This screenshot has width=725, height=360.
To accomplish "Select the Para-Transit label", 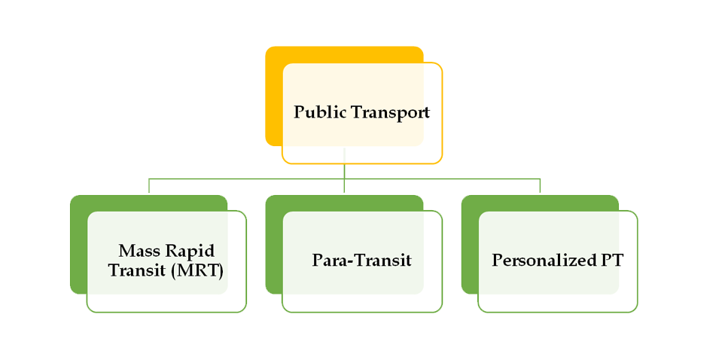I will point(361,261).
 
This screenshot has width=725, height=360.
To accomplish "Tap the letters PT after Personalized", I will point(612,261).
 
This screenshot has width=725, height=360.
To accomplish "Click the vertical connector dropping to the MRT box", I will point(149,186).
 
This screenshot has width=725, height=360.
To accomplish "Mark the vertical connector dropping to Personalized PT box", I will point(541,186).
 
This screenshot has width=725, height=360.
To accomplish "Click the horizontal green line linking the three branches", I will point(248,179).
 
